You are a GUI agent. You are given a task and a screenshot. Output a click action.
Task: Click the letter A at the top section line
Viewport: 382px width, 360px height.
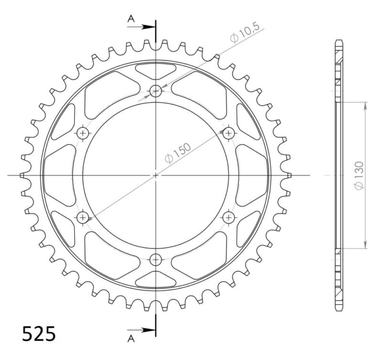130,19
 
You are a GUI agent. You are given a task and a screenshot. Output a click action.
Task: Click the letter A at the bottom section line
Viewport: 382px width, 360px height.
130,338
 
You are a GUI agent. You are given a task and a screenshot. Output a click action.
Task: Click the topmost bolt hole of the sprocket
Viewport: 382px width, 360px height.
156,90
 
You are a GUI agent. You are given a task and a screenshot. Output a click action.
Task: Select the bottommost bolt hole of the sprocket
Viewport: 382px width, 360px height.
156,260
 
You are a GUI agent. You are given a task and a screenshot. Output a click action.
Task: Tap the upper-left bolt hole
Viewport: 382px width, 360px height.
83,132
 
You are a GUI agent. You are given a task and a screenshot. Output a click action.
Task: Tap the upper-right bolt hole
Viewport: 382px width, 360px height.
229,132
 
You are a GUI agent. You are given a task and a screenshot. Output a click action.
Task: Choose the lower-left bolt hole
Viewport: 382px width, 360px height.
83,218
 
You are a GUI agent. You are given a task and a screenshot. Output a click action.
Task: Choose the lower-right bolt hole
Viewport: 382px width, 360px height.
229,218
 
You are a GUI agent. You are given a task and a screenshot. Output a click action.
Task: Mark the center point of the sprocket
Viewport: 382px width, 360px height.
156,175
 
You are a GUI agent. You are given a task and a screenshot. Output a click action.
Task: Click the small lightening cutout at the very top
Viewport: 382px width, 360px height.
156,71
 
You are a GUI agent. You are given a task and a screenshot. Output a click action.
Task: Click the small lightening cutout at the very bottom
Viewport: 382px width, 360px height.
156,279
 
